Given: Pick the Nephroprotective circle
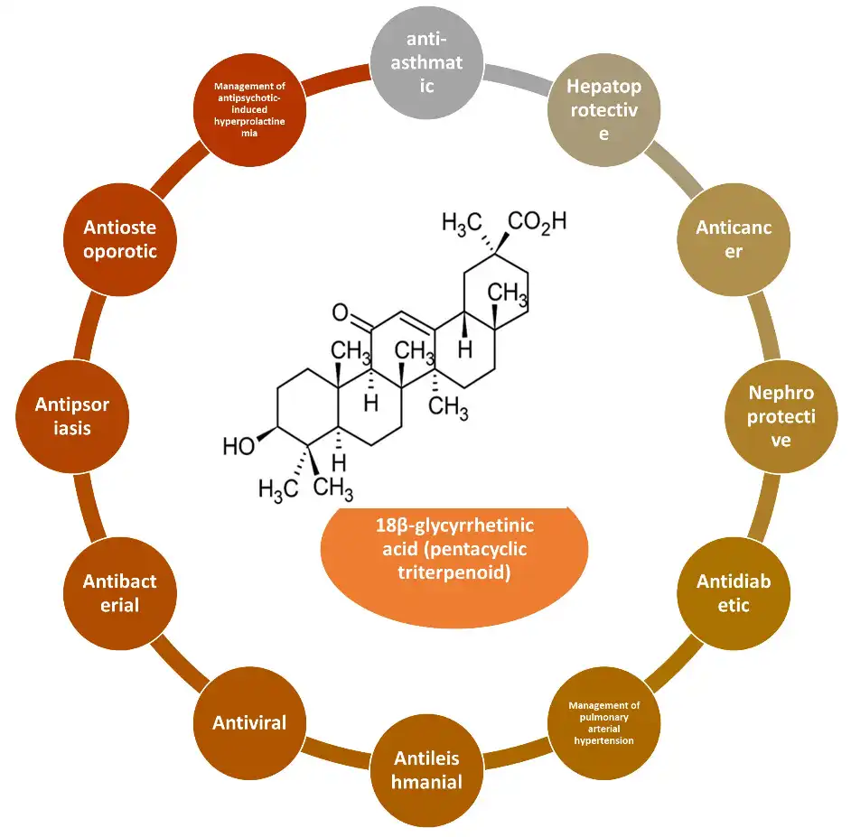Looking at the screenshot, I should pyautogui.click(x=781, y=416).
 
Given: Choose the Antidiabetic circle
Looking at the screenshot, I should pyautogui.click(x=734, y=593).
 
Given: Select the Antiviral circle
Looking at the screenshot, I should pyautogui.click(x=249, y=722).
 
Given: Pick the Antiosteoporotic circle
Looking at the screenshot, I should pyautogui.click(x=119, y=239).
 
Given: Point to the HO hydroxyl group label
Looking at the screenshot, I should pyautogui.click(x=238, y=446).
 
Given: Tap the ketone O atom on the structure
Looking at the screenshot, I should pyautogui.click(x=340, y=313).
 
